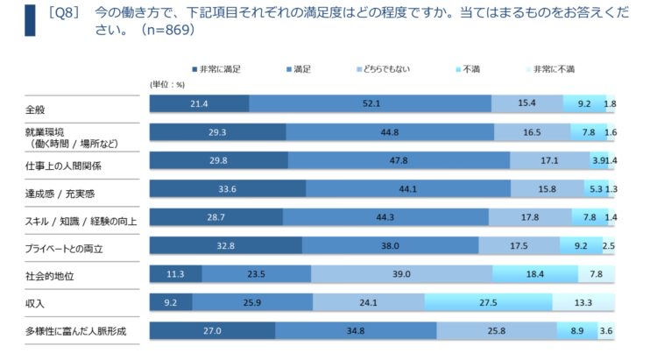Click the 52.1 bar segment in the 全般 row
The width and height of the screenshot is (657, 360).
click(370, 103)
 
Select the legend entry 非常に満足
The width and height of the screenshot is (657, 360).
click(216, 69)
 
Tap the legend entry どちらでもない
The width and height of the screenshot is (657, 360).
click(384, 69)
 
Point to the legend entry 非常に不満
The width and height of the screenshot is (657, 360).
click(551, 69)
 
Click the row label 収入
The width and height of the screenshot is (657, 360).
click(35, 303)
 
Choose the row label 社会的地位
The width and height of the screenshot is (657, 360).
click(49, 276)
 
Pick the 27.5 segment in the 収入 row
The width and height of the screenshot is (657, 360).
click(488, 302)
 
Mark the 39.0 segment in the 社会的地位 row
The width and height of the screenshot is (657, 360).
click(401, 274)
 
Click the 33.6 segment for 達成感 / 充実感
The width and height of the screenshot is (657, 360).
click(228, 188)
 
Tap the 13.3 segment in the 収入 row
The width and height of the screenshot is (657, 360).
click(583, 302)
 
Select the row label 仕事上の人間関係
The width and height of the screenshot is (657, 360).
click(63, 166)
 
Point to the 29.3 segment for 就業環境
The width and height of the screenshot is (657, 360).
click(218, 132)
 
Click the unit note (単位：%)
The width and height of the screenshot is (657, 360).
click(167, 85)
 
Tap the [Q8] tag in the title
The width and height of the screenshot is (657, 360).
click(64, 12)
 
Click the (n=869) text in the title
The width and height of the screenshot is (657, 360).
click(167, 30)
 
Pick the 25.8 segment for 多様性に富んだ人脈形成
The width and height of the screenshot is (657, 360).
click(497, 331)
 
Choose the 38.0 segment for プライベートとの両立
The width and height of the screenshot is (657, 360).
click(390, 245)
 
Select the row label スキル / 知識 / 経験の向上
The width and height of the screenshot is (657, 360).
click(81, 222)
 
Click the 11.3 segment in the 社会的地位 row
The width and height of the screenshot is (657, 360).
click(175, 274)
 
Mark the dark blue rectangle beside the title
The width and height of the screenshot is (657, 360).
click(30, 20)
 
